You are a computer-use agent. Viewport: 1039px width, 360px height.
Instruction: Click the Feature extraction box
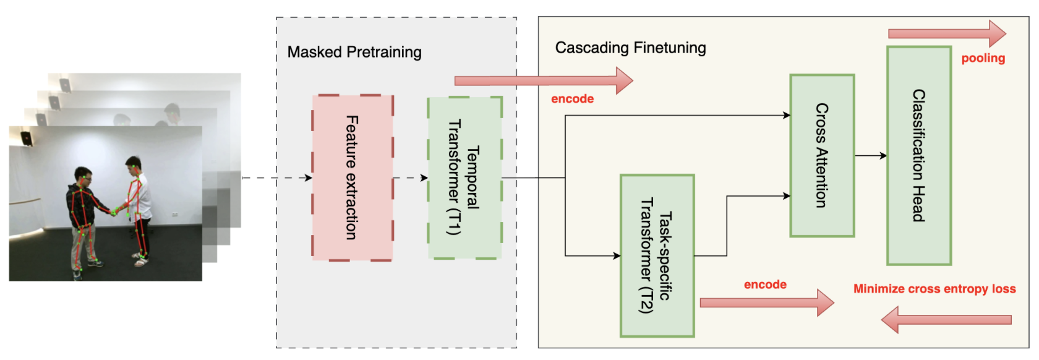(x=352, y=178)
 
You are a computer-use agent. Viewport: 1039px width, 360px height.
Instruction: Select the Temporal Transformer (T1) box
(x=464, y=178)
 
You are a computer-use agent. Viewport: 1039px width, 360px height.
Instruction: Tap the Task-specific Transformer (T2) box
(x=657, y=255)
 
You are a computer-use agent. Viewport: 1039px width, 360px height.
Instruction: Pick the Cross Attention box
(x=822, y=155)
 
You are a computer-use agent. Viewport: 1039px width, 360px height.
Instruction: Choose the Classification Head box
(x=919, y=155)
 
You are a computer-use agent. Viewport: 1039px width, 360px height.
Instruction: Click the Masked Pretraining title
(x=354, y=52)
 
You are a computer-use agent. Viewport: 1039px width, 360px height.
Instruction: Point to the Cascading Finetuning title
(x=630, y=48)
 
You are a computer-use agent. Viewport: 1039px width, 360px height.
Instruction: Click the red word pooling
(x=983, y=58)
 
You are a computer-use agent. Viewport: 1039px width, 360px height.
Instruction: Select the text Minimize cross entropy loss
(x=934, y=289)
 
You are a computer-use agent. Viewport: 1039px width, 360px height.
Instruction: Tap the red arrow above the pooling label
(x=946, y=33)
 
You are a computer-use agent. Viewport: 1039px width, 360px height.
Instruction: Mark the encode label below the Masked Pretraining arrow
(x=572, y=99)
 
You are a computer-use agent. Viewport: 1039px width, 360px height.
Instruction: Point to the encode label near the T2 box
(x=765, y=285)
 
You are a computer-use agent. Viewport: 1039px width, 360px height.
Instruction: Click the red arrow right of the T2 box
(x=766, y=302)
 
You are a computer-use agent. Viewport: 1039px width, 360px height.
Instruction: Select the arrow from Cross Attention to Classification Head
(x=871, y=156)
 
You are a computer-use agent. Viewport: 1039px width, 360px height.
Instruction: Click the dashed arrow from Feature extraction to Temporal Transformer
(x=410, y=178)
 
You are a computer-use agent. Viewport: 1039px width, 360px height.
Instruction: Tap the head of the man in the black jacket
(x=83, y=176)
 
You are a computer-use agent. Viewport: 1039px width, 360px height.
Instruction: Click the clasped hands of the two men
(x=114, y=212)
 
